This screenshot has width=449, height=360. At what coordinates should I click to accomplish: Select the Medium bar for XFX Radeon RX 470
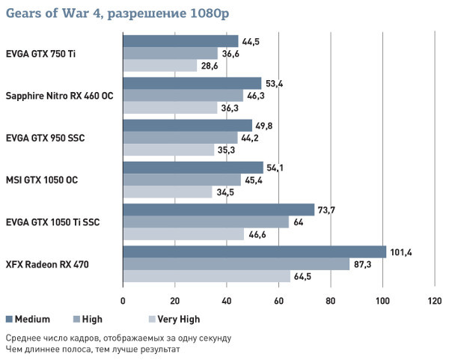pos(254,251)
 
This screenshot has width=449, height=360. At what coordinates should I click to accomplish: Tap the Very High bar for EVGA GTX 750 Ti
pos(160,66)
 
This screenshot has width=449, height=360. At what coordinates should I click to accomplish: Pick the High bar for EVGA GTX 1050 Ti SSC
pos(206,222)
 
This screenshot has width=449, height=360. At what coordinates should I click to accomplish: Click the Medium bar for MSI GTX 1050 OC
pos(193,168)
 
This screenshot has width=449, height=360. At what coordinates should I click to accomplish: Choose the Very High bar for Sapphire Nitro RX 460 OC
pos(170,108)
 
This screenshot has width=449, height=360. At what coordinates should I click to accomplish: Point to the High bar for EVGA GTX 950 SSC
pos(180,138)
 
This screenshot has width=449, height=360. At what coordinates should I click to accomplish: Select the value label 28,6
pos(210,66)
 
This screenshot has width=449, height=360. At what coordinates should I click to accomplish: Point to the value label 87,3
pos(364,264)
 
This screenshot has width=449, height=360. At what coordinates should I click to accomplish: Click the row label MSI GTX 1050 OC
pos(42,180)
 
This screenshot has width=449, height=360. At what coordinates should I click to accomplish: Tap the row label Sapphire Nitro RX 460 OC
pos(60,96)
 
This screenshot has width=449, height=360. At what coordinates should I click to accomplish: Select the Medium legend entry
pos(27,319)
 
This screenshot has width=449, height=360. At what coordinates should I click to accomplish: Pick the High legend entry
pos(88,319)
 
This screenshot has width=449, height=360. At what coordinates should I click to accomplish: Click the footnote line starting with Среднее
pos(118,337)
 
